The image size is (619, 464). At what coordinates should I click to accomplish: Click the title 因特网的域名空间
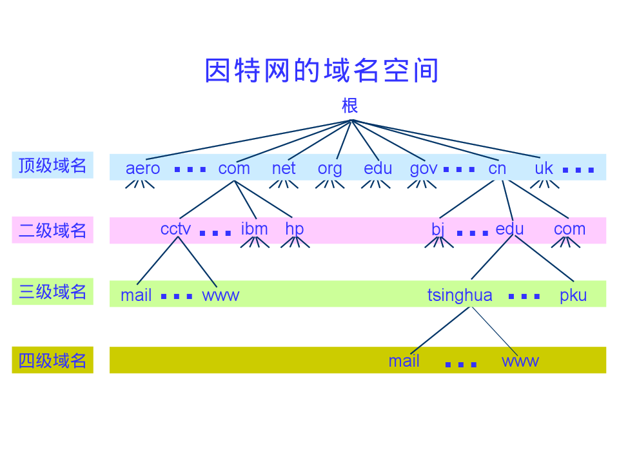[x=321, y=70]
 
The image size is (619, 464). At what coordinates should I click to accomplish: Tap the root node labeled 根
[x=349, y=105]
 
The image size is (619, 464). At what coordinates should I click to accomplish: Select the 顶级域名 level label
[x=52, y=165]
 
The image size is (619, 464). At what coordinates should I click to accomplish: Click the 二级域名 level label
[x=52, y=230]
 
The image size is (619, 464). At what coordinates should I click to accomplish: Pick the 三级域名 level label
[x=52, y=292]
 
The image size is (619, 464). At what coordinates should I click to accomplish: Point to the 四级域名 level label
[x=52, y=360]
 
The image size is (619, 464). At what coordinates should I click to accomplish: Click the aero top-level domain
[x=142, y=168]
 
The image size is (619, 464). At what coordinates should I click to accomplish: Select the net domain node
[x=284, y=168]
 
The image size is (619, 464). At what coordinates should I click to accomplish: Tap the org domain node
[x=329, y=169]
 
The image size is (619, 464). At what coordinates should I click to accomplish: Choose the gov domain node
[x=424, y=169]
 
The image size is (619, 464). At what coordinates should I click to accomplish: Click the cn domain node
[x=497, y=168]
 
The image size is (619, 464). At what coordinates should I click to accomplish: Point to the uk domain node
[x=544, y=168]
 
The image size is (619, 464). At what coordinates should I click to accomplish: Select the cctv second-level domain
[x=175, y=229]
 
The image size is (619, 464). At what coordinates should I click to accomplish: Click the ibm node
[x=254, y=229]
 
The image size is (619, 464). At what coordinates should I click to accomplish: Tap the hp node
[x=294, y=229]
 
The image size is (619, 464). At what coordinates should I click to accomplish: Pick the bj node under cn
[x=438, y=229]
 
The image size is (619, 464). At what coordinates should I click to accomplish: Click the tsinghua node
[x=460, y=295]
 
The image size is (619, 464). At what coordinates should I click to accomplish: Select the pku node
[x=573, y=295]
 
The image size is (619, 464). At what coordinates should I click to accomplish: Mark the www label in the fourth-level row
[x=520, y=361]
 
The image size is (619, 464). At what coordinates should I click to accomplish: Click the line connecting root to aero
[x=248, y=139]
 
